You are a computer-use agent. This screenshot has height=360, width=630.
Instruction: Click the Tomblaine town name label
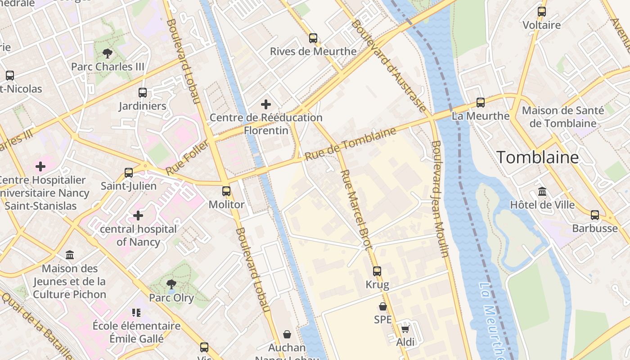tap(537, 157)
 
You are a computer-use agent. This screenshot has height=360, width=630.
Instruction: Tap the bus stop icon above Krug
tap(377, 271)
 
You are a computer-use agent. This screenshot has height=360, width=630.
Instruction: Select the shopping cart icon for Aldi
tap(405, 329)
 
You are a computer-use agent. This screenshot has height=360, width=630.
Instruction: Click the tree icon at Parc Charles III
tap(108, 54)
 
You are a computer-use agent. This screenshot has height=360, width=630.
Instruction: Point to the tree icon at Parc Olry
tap(171, 284)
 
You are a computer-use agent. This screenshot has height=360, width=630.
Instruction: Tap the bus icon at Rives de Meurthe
tap(313, 38)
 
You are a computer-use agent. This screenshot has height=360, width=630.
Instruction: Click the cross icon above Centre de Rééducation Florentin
tap(266, 104)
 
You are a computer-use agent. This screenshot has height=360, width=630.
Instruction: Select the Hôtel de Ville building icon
tap(542, 192)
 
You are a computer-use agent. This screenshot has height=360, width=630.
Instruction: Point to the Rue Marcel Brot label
tap(356, 209)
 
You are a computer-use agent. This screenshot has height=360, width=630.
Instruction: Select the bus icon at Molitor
tap(226, 191)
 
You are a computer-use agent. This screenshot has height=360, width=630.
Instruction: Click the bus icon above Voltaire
tap(542, 12)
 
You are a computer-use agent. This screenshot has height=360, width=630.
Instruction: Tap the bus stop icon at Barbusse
tap(595, 215)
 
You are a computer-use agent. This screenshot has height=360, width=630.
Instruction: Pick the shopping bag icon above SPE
tap(383, 306)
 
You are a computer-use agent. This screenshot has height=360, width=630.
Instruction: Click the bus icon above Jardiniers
tap(143, 93)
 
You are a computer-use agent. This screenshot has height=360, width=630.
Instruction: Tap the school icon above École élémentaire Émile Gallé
tap(136, 312)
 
